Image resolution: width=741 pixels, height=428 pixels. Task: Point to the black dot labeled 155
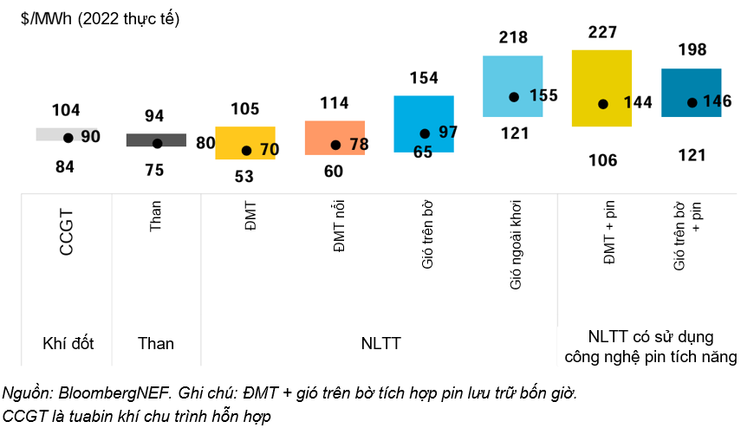coord(514,97)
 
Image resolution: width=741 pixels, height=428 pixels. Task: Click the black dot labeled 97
coord(425,133)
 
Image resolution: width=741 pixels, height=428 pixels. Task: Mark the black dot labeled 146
coord(692,102)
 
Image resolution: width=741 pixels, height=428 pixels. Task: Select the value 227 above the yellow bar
coord(601,33)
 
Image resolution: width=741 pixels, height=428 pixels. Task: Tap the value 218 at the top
coord(514,37)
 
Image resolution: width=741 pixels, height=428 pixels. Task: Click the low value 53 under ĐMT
coord(244,177)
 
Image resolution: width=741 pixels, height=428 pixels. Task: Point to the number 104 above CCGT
coord(66,110)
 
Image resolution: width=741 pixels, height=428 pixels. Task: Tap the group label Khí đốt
coord(68,344)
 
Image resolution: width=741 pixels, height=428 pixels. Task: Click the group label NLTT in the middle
coord(381,344)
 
